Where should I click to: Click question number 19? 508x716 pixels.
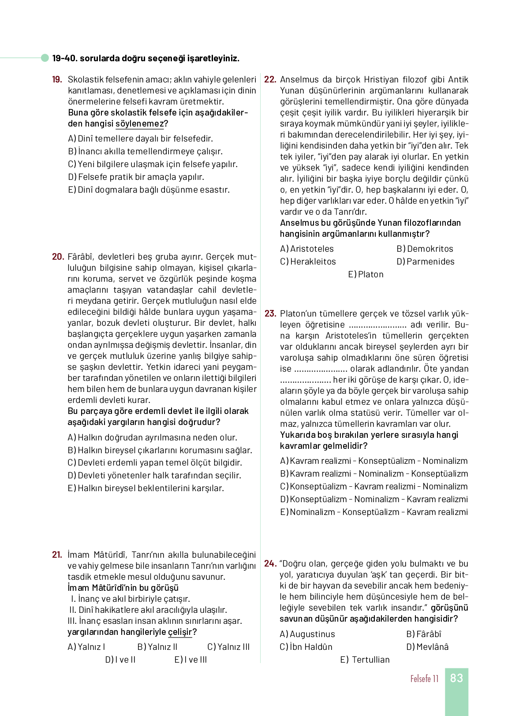point(57,80)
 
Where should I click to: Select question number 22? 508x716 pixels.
point(270,80)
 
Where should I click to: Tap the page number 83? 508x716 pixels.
point(456,678)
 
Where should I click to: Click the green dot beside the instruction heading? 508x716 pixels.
point(45,58)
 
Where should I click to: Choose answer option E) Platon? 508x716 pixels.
point(366,275)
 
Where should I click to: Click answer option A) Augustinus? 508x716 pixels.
point(307,634)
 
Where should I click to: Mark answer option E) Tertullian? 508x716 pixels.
point(365,660)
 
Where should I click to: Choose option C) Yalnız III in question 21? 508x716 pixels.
point(228,647)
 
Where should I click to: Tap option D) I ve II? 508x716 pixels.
point(120,660)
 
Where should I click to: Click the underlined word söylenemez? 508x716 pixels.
point(139,124)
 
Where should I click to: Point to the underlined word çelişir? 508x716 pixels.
point(180,632)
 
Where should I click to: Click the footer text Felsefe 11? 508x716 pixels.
point(424,679)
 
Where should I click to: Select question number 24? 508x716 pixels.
point(270,564)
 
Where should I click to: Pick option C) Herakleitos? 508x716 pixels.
point(308,262)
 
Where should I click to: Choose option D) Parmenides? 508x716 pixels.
point(425,262)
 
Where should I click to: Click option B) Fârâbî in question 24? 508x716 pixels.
point(423,634)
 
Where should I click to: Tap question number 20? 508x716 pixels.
point(58,257)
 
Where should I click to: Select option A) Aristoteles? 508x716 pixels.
point(307,249)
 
